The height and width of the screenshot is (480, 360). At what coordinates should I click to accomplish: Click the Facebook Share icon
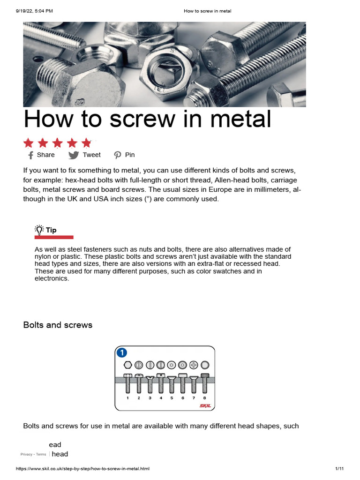click(30, 155)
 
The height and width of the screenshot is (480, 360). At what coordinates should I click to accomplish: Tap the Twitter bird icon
click(74, 155)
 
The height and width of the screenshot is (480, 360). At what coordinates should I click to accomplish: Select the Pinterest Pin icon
click(117, 155)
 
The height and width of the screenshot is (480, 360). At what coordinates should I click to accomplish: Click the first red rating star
click(29, 143)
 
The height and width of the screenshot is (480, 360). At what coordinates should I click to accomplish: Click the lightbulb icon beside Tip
click(39, 230)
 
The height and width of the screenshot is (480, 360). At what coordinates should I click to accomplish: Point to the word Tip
click(51, 230)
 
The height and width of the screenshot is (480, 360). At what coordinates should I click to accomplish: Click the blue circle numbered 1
click(122, 352)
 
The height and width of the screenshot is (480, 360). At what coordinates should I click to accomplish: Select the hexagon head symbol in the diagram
click(127, 365)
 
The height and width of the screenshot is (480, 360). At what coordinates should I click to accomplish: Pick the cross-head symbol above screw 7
click(194, 365)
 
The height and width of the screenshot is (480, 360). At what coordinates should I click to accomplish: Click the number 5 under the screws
click(172, 398)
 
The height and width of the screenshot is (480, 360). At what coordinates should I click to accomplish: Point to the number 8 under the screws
click(204, 398)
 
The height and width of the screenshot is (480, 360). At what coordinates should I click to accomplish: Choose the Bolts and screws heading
click(58, 325)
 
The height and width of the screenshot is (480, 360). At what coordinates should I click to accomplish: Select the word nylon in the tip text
click(43, 257)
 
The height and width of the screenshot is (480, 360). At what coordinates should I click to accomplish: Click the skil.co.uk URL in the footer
click(82, 469)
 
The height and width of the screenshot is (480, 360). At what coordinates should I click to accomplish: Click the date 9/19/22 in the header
click(27, 10)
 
